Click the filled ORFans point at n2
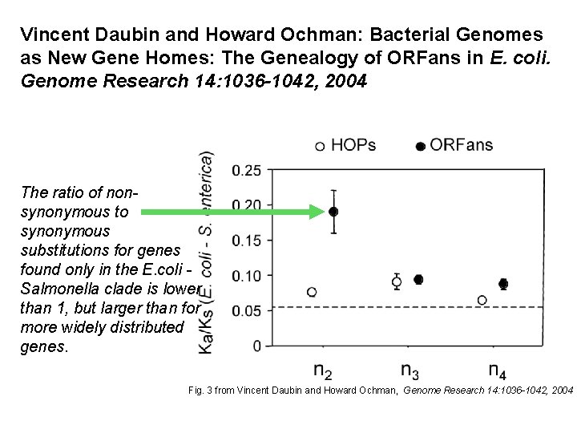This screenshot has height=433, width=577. click(334, 212)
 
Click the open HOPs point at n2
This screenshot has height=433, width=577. click(312, 292)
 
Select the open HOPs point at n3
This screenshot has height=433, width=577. click(397, 281)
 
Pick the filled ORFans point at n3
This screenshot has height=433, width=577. click(418, 279)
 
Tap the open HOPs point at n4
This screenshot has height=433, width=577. click(482, 300)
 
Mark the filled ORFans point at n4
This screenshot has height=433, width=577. click(503, 284)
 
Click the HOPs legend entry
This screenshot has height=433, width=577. click(345, 145)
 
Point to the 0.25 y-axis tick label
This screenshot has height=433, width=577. click(246, 170)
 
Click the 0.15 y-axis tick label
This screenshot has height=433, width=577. click(246, 241)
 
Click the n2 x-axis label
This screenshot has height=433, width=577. click(323, 371)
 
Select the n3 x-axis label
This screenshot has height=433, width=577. click(410, 371)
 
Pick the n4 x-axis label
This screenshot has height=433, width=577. click(497, 371)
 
